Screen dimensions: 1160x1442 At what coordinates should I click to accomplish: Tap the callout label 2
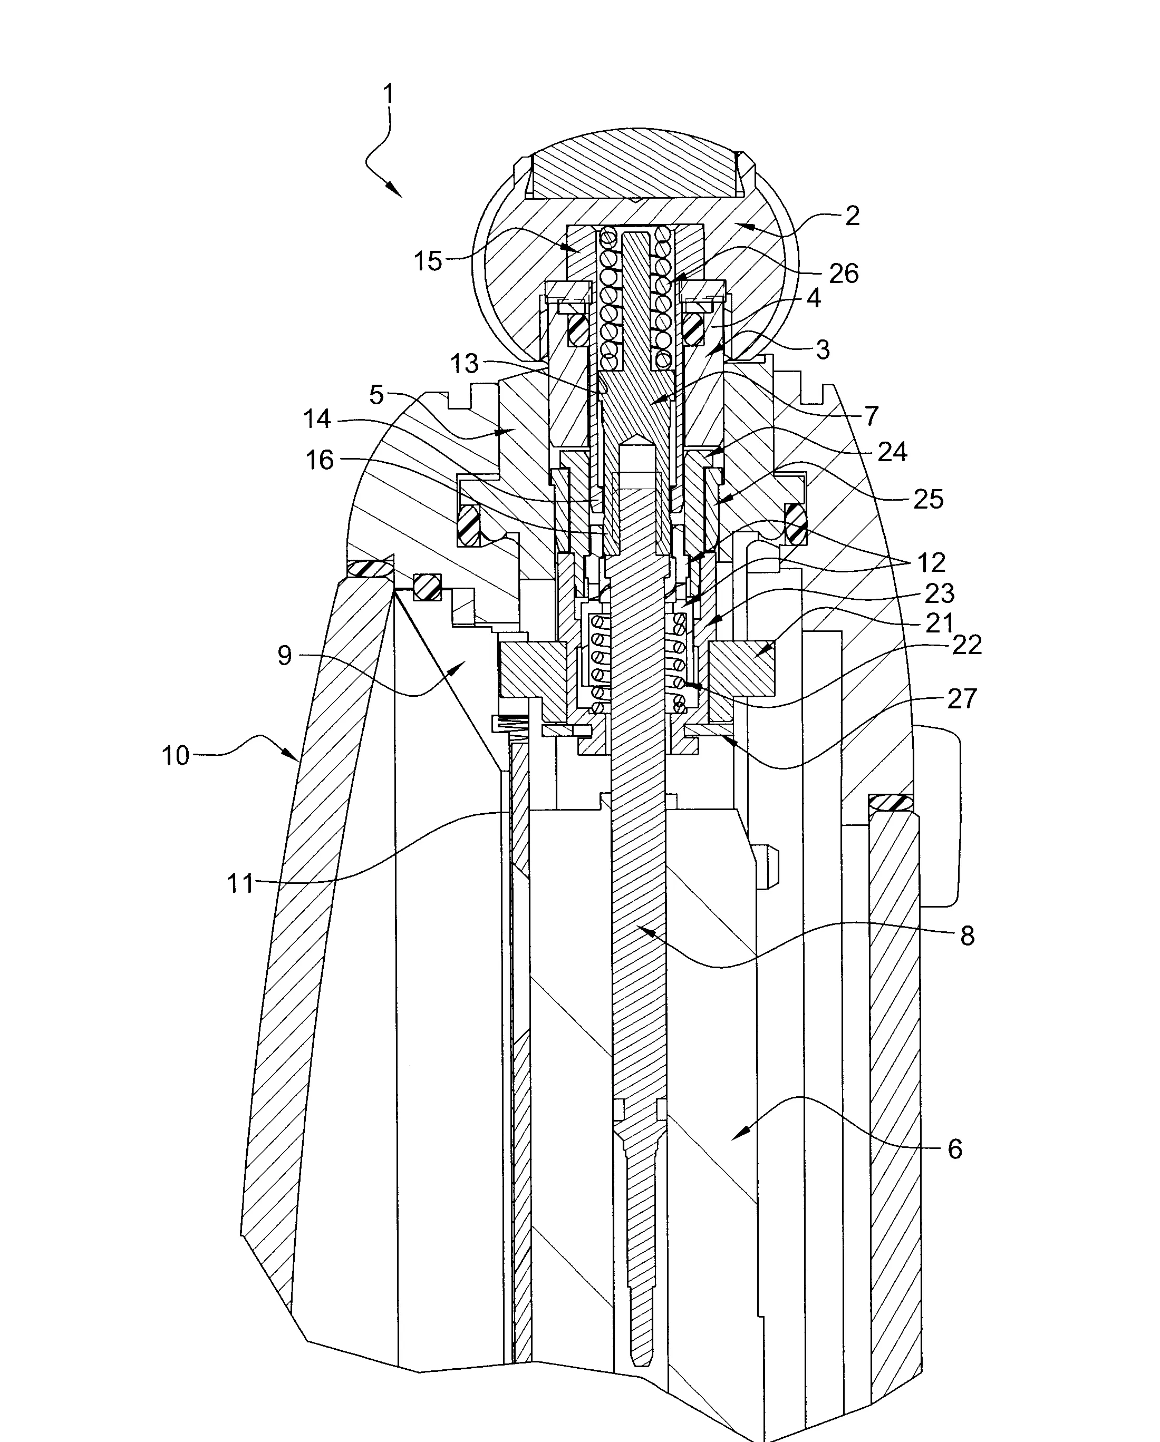pyautogui.click(x=852, y=216)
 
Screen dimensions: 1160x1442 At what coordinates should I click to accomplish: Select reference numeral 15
pyautogui.click(x=428, y=261)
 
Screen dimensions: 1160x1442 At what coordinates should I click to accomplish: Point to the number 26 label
pyautogui.click(x=843, y=273)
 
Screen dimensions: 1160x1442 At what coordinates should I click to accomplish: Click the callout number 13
pyautogui.click(x=465, y=364)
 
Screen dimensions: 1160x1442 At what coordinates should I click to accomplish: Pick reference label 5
pyautogui.click(x=376, y=395)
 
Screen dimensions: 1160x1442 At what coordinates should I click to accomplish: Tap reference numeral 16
pyautogui.click(x=320, y=460)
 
